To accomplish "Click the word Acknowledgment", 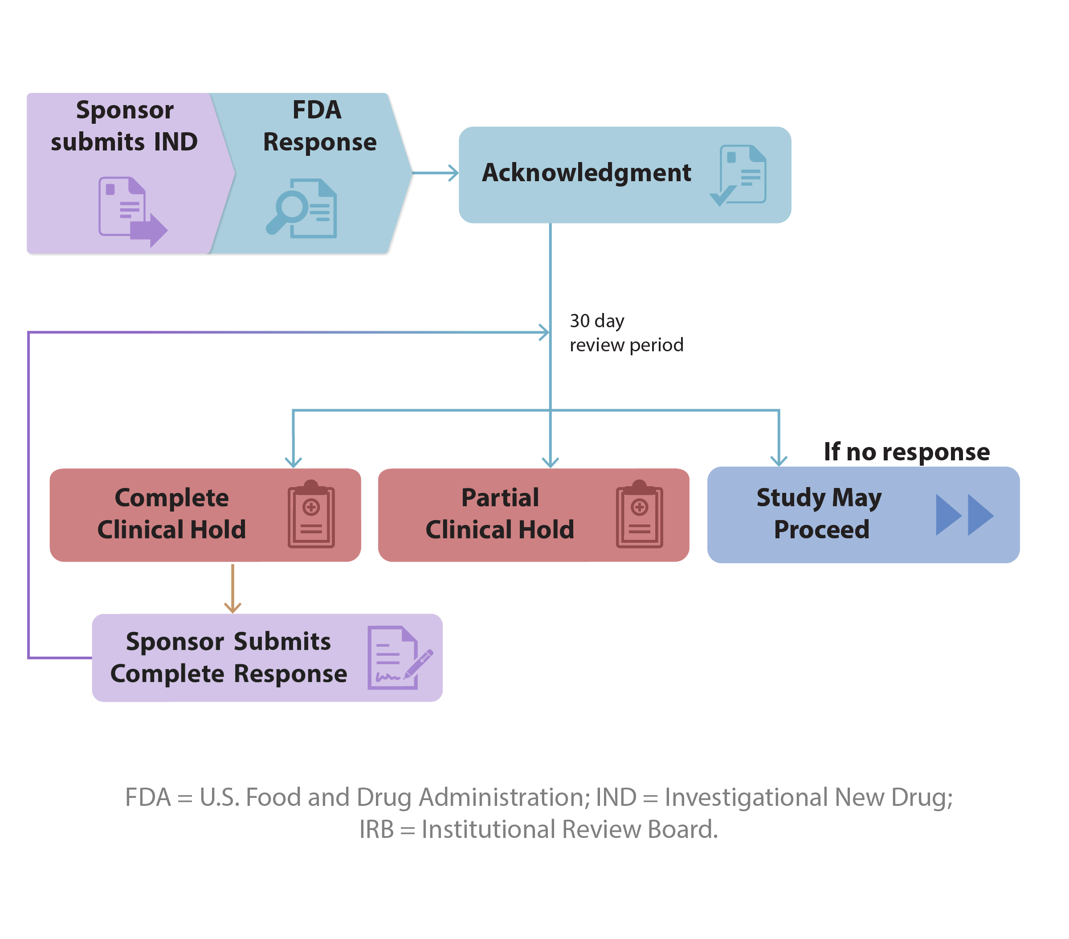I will click(x=586, y=173).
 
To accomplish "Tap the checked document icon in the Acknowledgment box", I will click(x=739, y=175).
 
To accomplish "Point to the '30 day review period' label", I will click(x=625, y=333).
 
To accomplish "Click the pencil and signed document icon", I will click(x=399, y=657).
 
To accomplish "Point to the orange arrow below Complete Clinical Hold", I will click(x=232, y=588).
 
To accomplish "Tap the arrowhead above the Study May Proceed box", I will click(x=778, y=460).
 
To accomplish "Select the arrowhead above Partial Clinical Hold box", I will click(x=550, y=461).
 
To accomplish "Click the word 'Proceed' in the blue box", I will click(x=821, y=530).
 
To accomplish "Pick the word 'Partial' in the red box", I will click(x=499, y=497).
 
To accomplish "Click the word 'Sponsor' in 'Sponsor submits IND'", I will click(x=124, y=110).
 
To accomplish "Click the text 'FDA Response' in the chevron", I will click(x=319, y=126).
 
